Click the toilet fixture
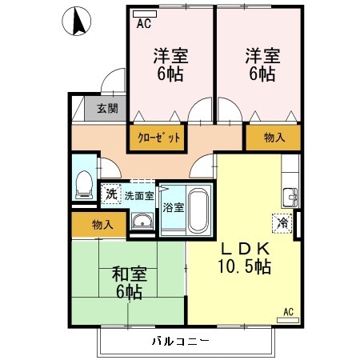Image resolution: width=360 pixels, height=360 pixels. pos(82,186)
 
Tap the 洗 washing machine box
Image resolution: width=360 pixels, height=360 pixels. pos(110,193)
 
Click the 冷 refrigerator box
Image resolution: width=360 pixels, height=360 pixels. pos(282,223)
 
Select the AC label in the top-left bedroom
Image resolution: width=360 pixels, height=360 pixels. pos(144,24)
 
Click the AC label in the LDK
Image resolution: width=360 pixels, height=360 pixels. pos(288,311)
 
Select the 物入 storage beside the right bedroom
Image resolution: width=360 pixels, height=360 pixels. pos(274,138)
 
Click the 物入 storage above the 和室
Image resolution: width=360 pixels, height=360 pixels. pos(102,225)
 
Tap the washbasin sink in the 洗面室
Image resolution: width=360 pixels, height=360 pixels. pos(142,222)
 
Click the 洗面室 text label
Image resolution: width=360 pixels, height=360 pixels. pos(138,194)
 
